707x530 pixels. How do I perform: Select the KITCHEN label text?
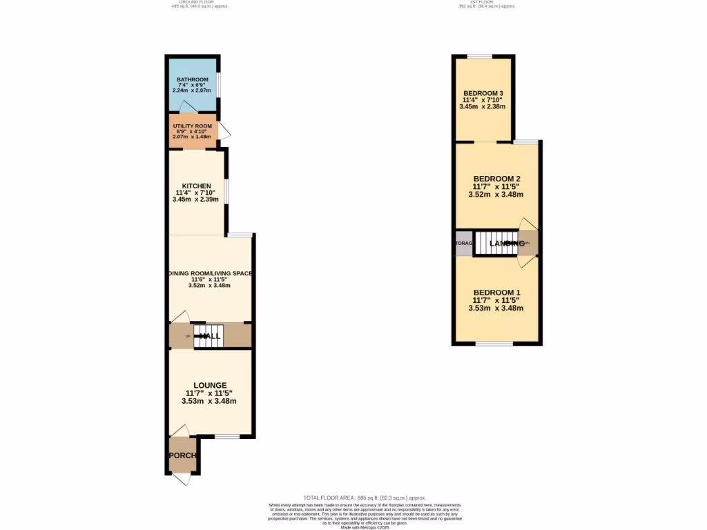point(196,186)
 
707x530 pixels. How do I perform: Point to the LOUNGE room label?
point(209,385)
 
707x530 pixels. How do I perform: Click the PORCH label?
point(183,455)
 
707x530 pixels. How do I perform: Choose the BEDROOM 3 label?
point(483,93)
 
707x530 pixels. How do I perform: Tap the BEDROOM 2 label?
point(496,178)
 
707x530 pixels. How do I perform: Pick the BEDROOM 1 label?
point(496,292)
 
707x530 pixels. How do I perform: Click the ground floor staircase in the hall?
point(208,335)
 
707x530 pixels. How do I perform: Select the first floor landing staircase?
point(496,243)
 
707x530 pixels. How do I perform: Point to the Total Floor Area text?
point(365,498)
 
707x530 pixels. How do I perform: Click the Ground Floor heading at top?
point(200,2)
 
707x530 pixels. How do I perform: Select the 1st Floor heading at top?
point(487,2)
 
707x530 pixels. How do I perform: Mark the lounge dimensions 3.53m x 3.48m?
point(209,401)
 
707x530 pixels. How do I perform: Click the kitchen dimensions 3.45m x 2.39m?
point(196,199)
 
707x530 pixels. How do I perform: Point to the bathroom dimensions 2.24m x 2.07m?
point(191,91)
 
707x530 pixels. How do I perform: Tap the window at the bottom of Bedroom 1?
point(494,343)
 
